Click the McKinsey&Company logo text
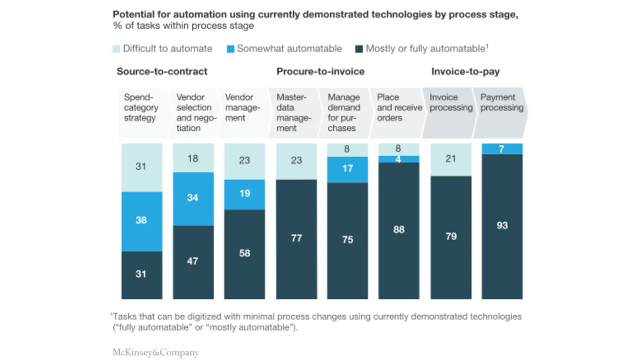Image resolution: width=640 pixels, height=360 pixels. click(x=155, y=352)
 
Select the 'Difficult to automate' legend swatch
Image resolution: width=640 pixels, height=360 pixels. click(x=116, y=49)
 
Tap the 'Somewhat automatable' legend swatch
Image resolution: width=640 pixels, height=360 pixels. click(x=230, y=49)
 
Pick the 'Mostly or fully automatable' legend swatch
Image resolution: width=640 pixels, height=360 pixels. click(x=358, y=49)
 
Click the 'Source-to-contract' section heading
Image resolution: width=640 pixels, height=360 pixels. click(x=162, y=71)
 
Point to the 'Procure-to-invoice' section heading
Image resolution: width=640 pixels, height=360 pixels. click(x=320, y=71)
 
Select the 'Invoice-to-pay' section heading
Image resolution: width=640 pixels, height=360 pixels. click(x=465, y=71)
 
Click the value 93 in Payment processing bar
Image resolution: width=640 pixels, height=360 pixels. click(x=502, y=225)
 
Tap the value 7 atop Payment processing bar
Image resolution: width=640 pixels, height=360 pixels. click(x=502, y=149)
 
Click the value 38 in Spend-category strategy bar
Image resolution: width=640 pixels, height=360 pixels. click(x=141, y=220)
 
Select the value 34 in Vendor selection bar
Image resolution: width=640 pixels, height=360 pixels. click(x=192, y=198)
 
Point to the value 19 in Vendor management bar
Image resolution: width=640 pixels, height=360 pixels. click(x=244, y=193)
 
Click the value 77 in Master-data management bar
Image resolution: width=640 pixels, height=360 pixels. click(x=296, y=238)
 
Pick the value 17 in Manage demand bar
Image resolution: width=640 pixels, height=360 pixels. click(x=347, y=168)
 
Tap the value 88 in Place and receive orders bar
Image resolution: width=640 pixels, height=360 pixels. click(x=399, y=229)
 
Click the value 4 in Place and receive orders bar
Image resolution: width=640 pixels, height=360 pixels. click(x=399, y=158)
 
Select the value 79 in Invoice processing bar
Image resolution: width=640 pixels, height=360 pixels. click(x=451, y=236)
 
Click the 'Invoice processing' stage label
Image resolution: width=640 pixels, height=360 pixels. click(x=451, y=102)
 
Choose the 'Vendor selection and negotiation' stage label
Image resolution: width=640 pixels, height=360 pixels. click(x=194, y=112)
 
